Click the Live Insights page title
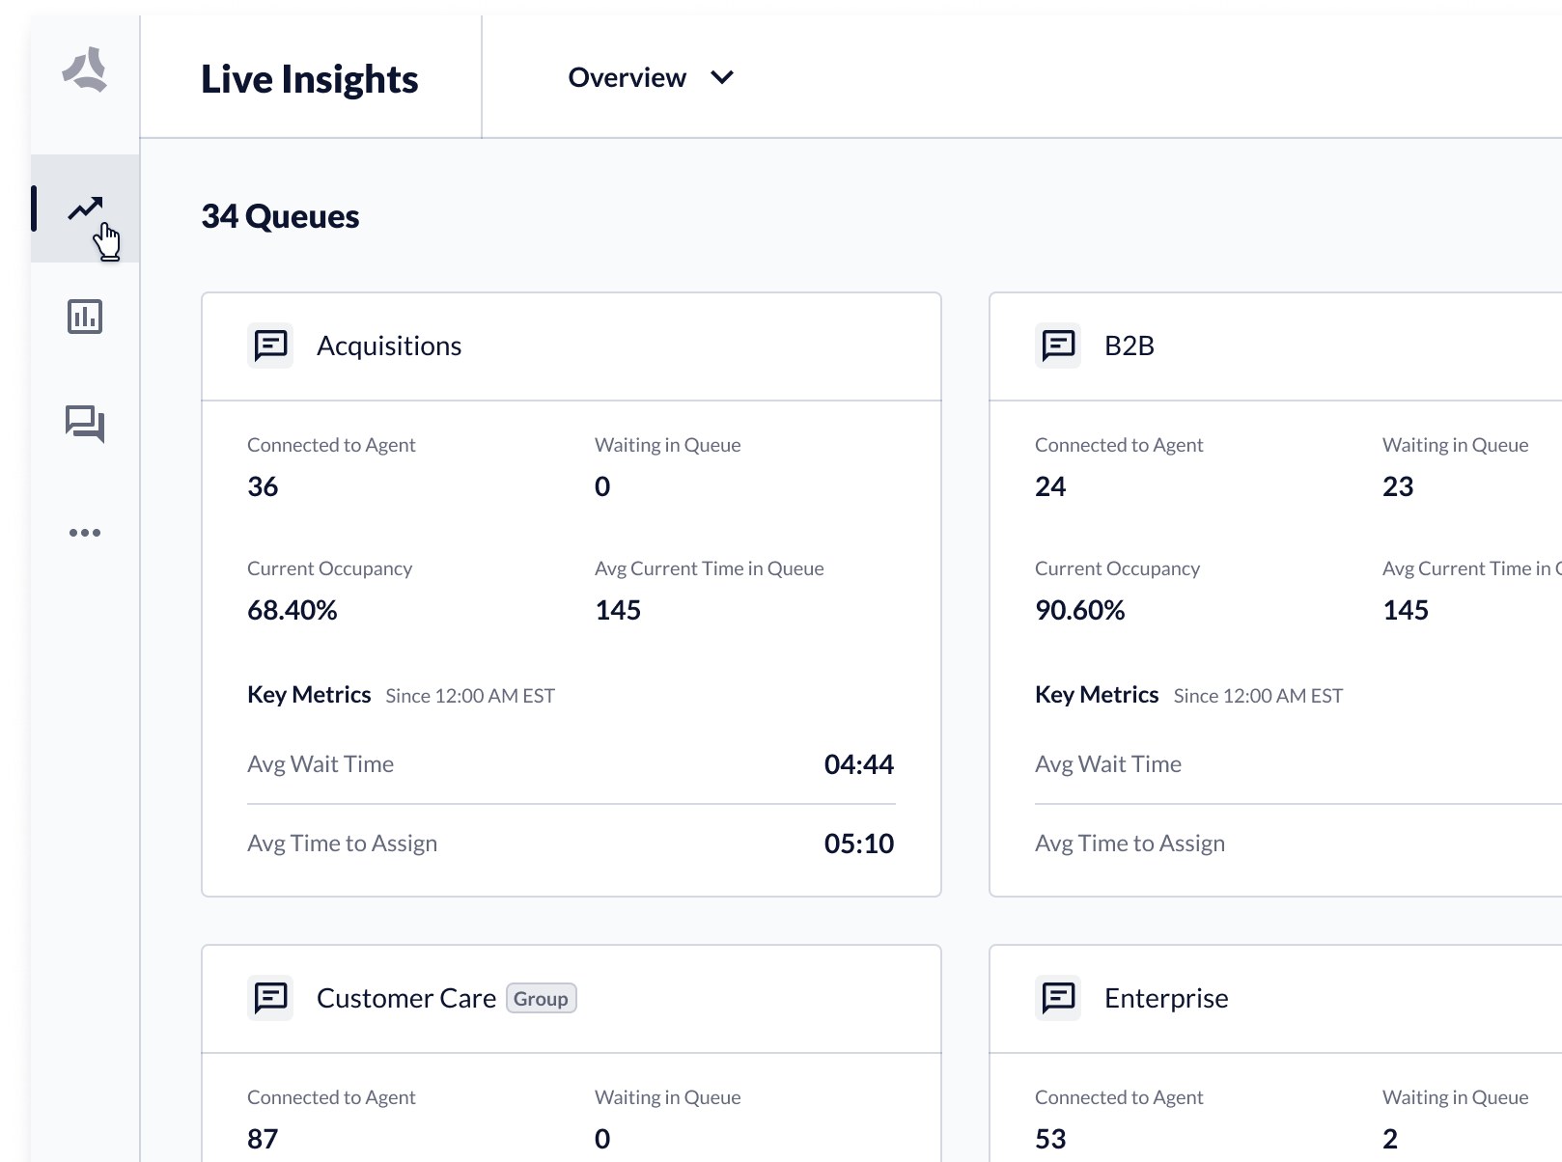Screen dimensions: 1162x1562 (309, 79)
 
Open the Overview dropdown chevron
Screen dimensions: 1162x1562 (722, 77)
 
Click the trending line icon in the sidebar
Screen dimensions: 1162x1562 (85, 208)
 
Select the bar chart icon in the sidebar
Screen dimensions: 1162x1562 (85, 317)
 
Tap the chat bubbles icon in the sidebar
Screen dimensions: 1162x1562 (85, 424)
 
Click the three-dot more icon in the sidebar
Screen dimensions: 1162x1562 (85, 533)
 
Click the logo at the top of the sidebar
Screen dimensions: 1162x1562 (85, 69)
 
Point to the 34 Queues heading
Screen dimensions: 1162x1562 (280, 216)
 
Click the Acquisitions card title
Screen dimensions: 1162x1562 (389, 346)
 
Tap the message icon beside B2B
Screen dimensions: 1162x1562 (1058, 346)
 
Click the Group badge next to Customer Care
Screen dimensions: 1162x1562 (541, 998)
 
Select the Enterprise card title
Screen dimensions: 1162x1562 (1166, 998)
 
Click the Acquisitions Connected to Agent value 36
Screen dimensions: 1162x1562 (263, 486)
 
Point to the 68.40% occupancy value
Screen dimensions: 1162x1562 (292, 610)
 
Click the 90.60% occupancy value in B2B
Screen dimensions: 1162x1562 (1079, 610)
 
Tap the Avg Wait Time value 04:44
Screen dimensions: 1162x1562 (858, 764)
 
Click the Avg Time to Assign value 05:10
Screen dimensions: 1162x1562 (858, 844)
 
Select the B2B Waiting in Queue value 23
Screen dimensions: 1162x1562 (1398, 486)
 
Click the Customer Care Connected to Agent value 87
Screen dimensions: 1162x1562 (263, 1139)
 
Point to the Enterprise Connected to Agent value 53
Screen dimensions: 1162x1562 (1050, 1139)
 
